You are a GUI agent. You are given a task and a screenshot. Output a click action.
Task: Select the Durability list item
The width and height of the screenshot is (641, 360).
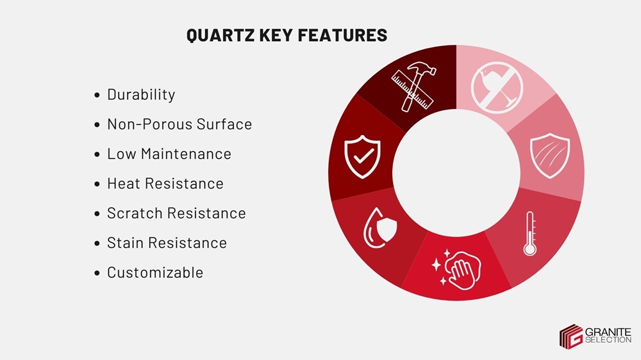pyautogui.click(x=140, y=95)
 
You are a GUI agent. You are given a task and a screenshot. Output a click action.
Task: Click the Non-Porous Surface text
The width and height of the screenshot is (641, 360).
pyautogui.click(x=179, y=124)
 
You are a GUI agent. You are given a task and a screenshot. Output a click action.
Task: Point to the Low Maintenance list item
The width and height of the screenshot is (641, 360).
pyautogui.click(x=169, y=154)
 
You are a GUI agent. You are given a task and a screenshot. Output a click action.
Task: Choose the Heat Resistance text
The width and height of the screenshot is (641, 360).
pyautogui.click(x=165, y=184)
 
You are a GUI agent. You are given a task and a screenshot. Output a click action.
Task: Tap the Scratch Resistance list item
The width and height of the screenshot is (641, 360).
pyautogui.click(x=176, y=213)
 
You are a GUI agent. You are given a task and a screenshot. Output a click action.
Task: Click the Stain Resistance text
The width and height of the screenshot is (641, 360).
pyautogui.click(x=167, y=243)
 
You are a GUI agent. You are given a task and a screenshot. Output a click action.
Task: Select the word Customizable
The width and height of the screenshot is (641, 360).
pyautogui.click(x=154, y=273)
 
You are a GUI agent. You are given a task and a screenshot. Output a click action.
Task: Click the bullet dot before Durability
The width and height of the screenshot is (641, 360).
pyautogui.click(x=97, y=95)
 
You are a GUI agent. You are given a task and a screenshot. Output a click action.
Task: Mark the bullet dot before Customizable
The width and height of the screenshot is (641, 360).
pyautogui.click(x=97, y=274)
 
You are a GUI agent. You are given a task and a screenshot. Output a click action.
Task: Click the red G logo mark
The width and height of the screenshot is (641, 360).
pyautogui.click(x=570, y=336)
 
